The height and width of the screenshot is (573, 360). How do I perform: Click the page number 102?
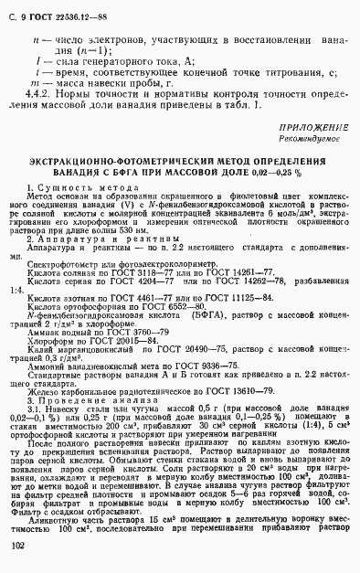click(x=16, y=546)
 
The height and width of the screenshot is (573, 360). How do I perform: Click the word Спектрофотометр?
click(x=58, y=263)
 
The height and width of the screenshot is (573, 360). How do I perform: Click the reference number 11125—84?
click(x=217, y=300)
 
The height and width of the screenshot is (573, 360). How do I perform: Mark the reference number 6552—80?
click(x=175, y=308)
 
